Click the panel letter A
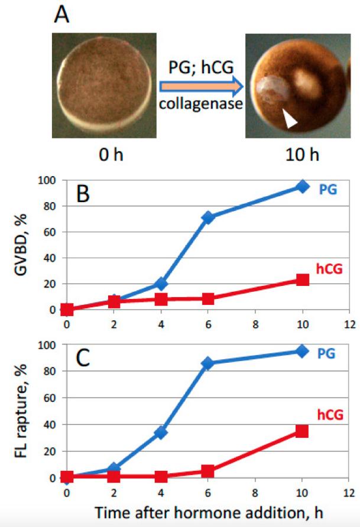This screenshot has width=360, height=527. [x=61, y=14]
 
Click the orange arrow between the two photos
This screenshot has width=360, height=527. [x=201, y=88]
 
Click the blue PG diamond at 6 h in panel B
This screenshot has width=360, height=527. [x=208, y=217]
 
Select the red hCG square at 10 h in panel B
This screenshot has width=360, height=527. [x=303, y=279]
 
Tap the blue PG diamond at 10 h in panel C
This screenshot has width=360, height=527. [x=303, y=351]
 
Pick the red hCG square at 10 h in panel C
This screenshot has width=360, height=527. [x=303, y=431]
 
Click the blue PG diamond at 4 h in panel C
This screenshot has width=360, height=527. [x=161, y=432]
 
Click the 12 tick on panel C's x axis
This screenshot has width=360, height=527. [x=350, y=491]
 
